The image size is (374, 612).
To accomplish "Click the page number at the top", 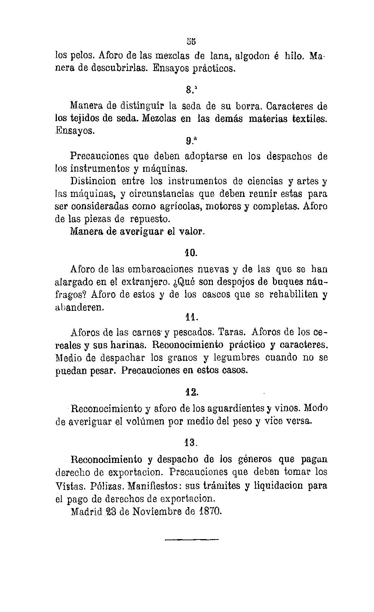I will (x=191, y=40).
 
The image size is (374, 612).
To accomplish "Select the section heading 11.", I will (x=191, y=317).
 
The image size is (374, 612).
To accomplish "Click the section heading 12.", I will (x=191, y=392).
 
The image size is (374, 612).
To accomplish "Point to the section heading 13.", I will (x=190, y=443).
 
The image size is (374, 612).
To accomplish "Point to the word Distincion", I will (x=93, y=181).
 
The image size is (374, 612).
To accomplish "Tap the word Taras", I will (x=232, y=332).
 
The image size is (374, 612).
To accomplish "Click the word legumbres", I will (x=236, y=358).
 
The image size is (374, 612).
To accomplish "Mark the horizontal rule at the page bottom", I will (x=191, y=539).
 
